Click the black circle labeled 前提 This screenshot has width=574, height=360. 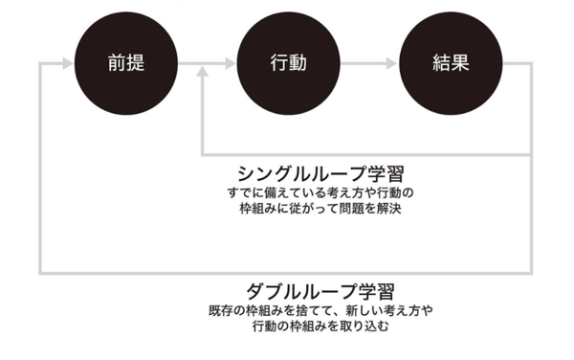point(126,63)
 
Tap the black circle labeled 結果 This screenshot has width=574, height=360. point(449,63)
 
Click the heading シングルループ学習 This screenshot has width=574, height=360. point(320,174)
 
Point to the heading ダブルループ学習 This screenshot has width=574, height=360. point(320,290)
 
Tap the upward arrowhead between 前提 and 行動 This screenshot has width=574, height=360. point(202,73)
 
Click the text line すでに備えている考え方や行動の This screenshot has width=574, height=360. point(320,192)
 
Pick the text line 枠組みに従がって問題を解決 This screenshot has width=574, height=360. point(320,208)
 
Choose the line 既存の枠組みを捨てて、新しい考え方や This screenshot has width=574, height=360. point(320,310)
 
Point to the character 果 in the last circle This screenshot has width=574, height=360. point(460,64)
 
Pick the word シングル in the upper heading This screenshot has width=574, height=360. point(271,174)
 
